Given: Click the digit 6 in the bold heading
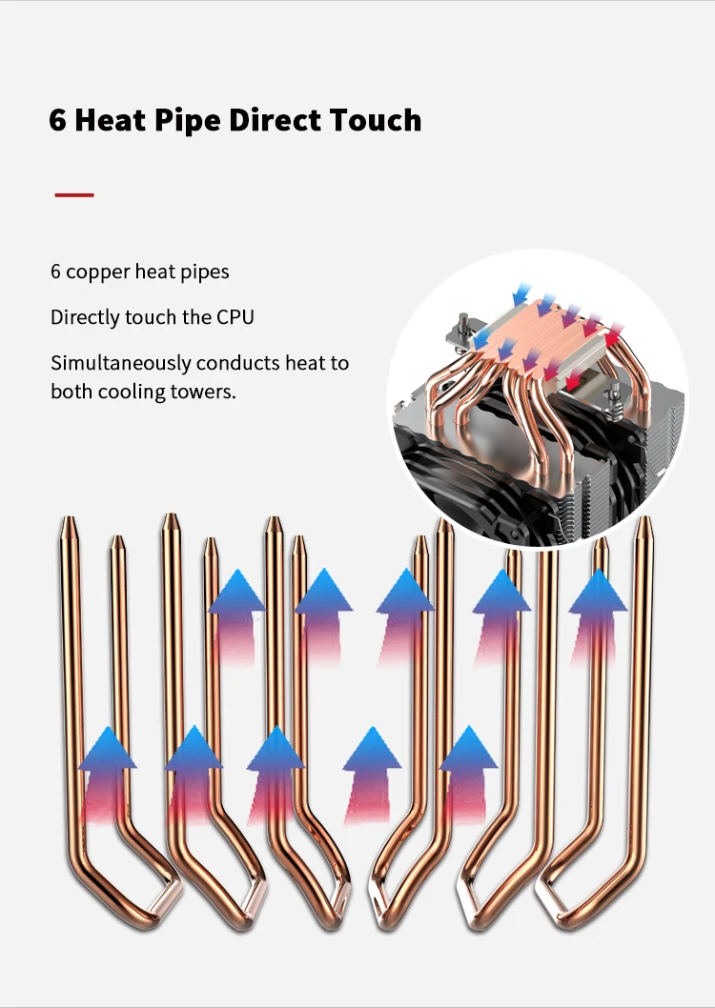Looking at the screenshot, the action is (x=57, y=120).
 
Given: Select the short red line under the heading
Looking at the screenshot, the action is (x=74, y=194).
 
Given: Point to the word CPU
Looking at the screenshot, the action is (x=235, y=317).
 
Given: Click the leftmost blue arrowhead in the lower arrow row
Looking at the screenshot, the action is (x=108, y=749).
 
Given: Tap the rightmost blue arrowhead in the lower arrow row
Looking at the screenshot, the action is (x=469, y=748).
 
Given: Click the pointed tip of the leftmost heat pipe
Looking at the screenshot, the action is (x=69, y=517).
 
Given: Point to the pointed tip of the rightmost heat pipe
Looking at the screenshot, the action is (x=644, y=517).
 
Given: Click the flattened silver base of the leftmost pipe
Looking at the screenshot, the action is (x=167, y=897).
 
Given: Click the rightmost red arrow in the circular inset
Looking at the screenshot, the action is (x=613, y=333).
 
